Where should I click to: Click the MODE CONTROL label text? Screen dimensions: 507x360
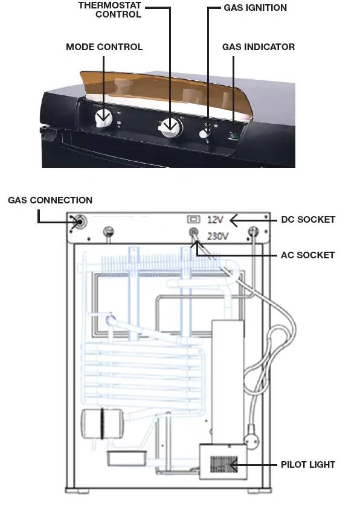point(104,47)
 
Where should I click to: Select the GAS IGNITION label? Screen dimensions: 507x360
point(255,8)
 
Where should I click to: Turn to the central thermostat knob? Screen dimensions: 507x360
point(172,125)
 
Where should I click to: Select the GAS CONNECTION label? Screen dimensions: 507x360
point(50,200)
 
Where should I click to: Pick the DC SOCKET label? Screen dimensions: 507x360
point(308,220)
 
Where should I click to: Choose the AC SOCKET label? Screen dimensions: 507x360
point(307,255)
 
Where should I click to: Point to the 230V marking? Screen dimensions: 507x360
point(218,236)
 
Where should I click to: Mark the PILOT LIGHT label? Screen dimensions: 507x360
point(307,465)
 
